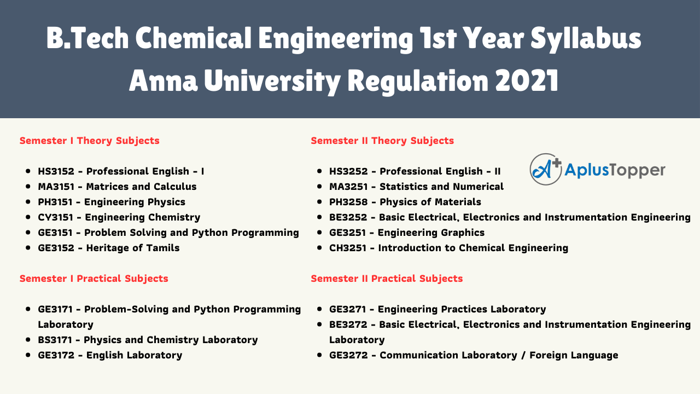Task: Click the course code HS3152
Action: point(56,171)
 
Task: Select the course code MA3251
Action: point(348,187)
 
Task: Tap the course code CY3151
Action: point(55,217)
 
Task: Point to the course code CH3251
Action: point(347,248)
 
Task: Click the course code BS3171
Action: point(55,340)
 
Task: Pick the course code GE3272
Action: point(348,355)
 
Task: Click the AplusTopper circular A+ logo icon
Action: point(546,169)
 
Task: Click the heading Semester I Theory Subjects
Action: point(89,141)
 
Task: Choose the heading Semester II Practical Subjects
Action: point(387,279)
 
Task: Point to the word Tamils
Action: point(163,248)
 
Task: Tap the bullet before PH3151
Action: point(28,202)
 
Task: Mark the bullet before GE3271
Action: point(319,309)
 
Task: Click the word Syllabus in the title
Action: point(586,39)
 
